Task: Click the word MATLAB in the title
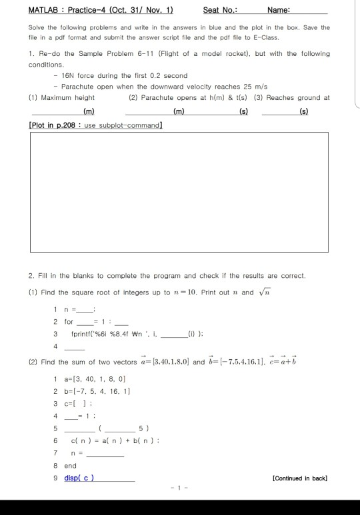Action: pos(43,10)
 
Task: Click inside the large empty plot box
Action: pos(179,190)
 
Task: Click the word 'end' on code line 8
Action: pos(70,466)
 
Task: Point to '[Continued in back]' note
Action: pos(300,478)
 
